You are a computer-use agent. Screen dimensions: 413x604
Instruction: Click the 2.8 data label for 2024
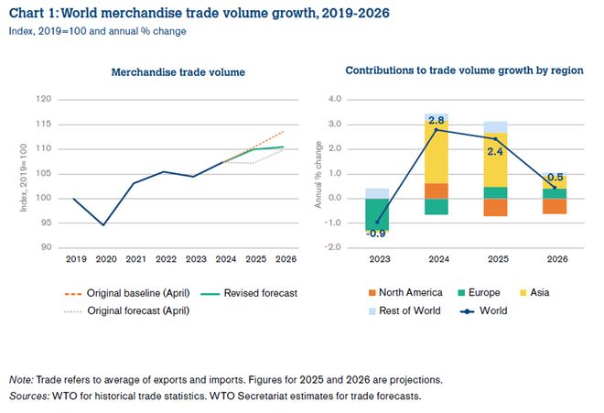pyautogui.click(x=437, y=120)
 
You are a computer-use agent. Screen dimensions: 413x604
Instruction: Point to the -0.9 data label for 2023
pyautogui.click(x=375, y=234)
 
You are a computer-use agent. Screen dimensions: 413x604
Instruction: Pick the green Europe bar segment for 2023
pyautogui.click(x=376, y=213)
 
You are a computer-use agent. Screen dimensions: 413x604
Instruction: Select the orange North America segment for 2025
pyautogui.click(x=495, y=207)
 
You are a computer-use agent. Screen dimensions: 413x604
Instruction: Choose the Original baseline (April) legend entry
pyautogui.click(x=129, y=293)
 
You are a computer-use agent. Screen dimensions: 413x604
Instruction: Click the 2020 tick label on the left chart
pyautogui.click(x=107, y=260)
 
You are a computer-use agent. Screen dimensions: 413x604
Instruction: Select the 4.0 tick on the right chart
pyautogui.click(x=333, y=99)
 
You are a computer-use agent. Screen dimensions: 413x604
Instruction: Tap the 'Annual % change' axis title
pyautogui.click(x=318, y=174)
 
